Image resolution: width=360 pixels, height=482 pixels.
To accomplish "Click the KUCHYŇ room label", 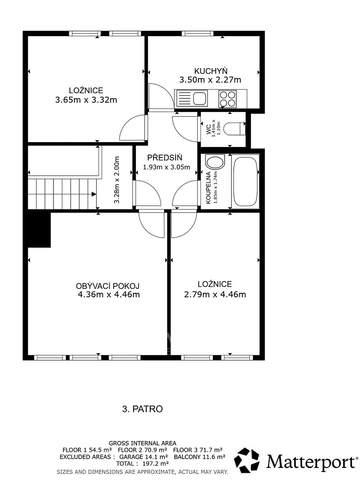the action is pos(211,71).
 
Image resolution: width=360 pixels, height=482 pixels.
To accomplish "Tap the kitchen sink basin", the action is pos(200,98).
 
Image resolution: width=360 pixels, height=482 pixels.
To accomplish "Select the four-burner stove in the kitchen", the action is pos(227,99).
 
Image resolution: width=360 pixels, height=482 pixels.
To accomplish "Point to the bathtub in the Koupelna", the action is pos(245,182).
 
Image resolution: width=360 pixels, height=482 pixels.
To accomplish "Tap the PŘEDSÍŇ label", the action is pos(165,157).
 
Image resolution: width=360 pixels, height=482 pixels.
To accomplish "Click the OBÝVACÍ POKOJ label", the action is pos(108,286).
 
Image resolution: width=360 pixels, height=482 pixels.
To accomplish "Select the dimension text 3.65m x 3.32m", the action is pos(86,100).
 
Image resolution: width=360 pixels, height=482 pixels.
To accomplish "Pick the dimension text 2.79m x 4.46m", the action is pos(215,294).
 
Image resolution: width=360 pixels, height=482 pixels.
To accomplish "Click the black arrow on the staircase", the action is pos(94,194).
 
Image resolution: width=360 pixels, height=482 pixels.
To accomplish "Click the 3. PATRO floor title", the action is pos(143,409).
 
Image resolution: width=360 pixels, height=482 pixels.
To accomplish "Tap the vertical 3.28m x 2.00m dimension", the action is pos(117,180).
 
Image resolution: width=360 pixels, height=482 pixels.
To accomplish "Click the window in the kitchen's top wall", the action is pos(198,33).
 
